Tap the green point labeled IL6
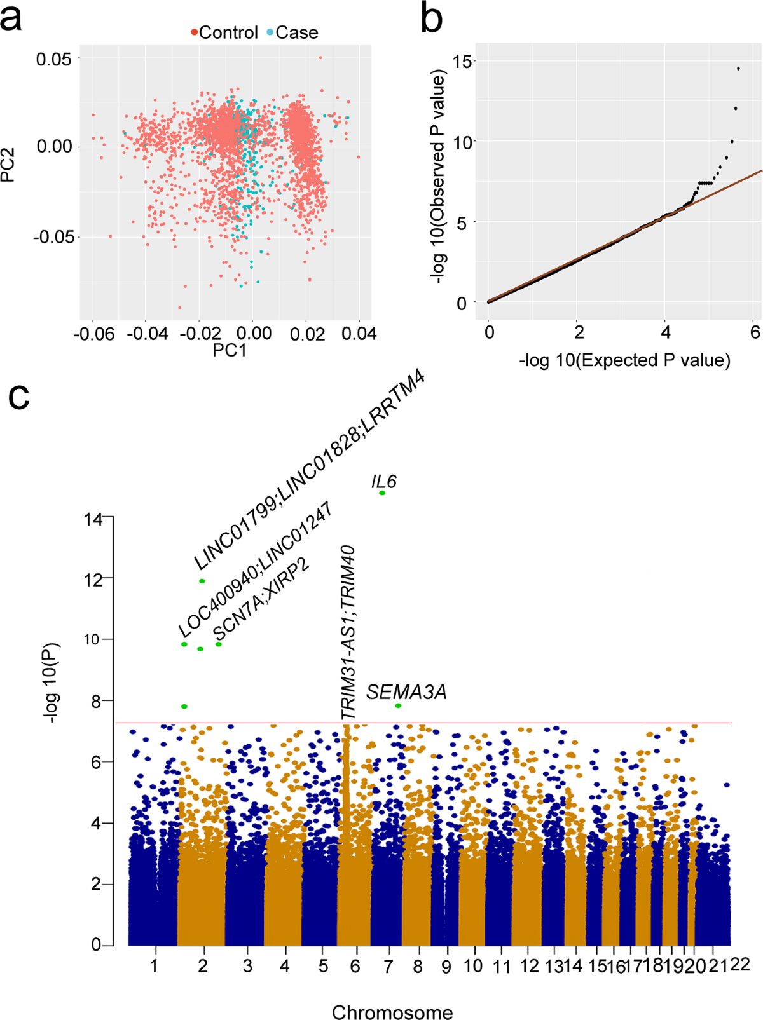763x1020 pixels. [x=382, y=493]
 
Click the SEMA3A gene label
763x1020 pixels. [x=406, y=692]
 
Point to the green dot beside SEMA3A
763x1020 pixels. [x=398, y=706]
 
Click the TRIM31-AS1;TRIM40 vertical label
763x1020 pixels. [x=348, y=632]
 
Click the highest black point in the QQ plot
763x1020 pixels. [x=738, y=68]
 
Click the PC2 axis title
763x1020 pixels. [x=9, y=165]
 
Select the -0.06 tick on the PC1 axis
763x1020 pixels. [x=93, y=334]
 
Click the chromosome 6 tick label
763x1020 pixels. [x=355, y=967]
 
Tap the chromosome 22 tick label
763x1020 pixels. [x=740, y=965]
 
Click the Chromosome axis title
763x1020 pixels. [x=392, y=1012]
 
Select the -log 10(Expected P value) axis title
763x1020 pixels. [x=624, y=360]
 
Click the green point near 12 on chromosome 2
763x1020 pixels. [x=202, y=581]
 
